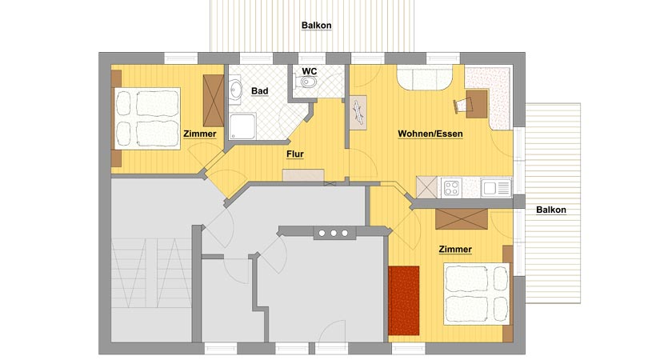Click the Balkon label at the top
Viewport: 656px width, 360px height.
317,26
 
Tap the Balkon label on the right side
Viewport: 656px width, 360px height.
551,210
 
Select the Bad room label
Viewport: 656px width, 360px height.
259,91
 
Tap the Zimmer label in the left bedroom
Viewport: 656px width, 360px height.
199,134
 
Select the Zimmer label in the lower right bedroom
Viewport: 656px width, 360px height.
455,250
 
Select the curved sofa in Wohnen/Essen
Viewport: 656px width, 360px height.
424,79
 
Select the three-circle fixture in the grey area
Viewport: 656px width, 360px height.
332,233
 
